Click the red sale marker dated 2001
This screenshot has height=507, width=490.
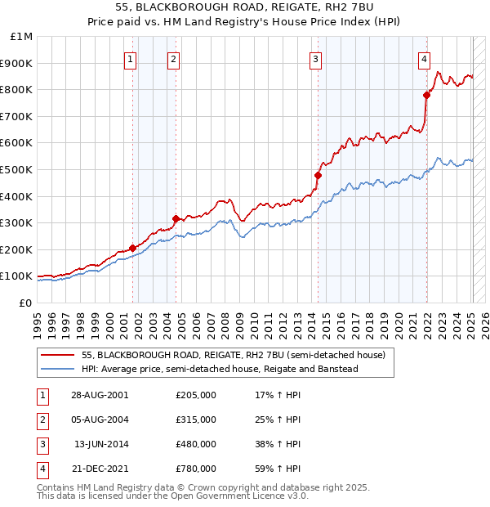point(132,248)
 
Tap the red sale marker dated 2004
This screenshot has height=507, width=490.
point(175,218)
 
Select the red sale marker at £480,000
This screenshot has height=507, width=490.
point(318,175)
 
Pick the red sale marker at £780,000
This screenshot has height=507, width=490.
point(426,95)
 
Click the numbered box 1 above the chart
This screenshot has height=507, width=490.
point(131,58)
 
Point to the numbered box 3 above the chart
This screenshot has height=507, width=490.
point(315,58)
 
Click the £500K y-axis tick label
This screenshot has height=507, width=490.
point(17,169)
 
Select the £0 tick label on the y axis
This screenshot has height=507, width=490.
point(25,303)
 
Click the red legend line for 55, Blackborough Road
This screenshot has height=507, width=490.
point(57,355)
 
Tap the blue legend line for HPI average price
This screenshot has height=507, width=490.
point(57,369)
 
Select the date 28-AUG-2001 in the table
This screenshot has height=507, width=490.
point(100,395)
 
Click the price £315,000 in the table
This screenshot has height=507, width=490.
point(196,420)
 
